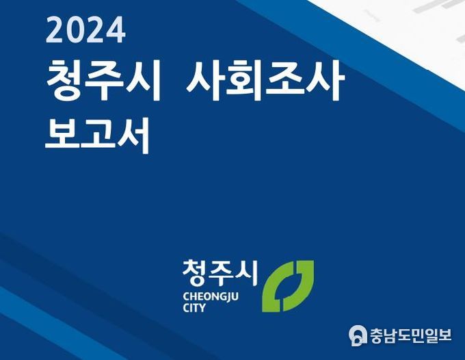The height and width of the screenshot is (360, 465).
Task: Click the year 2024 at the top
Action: (85, 30)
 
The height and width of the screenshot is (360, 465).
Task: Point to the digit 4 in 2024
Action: (116, 30)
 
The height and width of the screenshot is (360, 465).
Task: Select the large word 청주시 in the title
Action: (103, 79)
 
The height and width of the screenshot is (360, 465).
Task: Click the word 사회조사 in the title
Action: (265, 79)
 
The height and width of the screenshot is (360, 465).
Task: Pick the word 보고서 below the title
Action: (97, 136)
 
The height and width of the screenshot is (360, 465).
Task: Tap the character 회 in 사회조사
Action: (244, 79)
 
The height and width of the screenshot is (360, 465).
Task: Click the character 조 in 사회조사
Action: (284, 79)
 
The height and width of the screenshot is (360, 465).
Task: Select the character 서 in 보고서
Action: (133, 136)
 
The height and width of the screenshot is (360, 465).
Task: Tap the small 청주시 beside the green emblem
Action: (220, 274)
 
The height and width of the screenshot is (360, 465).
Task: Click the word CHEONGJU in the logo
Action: (211, 297)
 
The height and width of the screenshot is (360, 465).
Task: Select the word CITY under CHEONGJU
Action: (194, 308)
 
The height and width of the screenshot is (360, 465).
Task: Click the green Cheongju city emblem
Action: (288, 286)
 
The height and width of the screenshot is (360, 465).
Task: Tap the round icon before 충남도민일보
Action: (358, 335)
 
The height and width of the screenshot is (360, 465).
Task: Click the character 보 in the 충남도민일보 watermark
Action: (444, 335)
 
